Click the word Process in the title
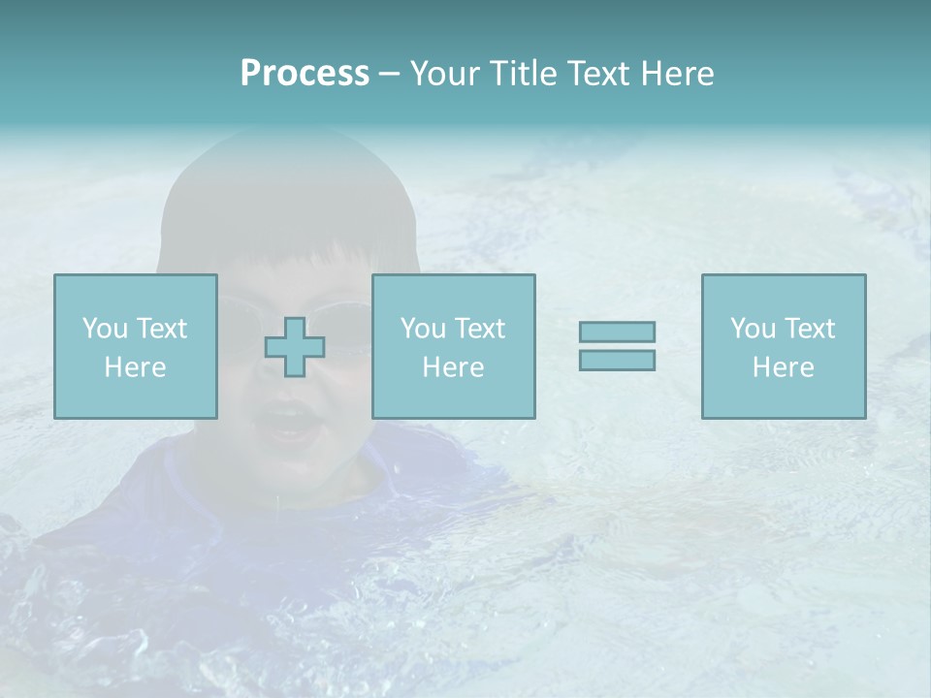305,74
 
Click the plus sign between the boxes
295,347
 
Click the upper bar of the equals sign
617,332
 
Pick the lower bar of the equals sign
617,360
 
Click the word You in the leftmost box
105,329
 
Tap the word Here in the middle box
453,367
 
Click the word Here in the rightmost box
783,367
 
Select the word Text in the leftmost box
161,329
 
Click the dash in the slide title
390,75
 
